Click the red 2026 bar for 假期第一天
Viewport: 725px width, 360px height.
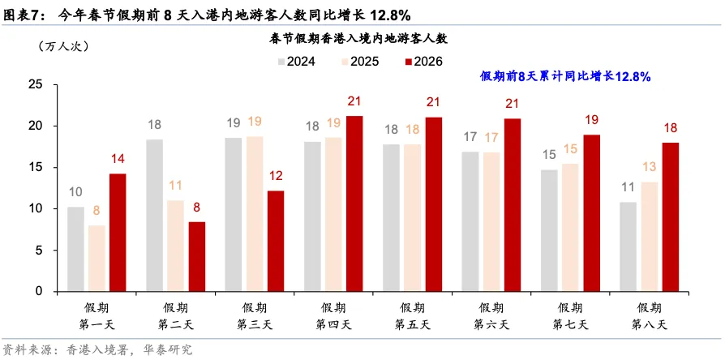118,233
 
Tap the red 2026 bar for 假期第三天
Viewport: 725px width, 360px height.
276,241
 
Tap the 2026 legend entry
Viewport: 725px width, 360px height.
423,62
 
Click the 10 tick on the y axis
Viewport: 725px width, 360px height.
35,208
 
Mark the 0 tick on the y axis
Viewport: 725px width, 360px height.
38,291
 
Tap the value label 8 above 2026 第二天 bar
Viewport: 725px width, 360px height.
197,208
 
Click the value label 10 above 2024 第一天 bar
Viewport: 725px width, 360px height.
75,192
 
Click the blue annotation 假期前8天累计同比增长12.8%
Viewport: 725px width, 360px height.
566,76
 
